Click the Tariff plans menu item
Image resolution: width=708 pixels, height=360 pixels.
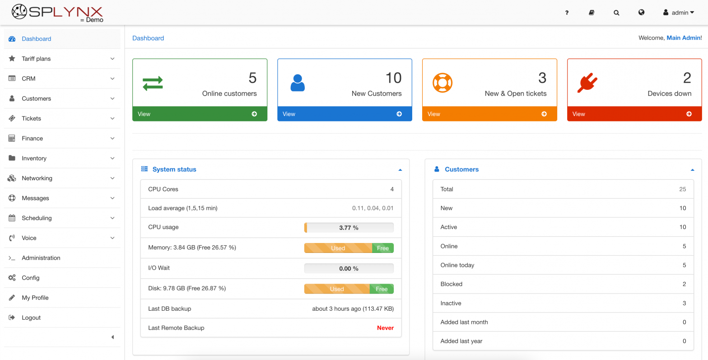coord(36,59)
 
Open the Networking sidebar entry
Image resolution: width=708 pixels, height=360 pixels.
coord(37,178)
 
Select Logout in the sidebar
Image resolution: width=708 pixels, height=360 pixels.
coord(31,318)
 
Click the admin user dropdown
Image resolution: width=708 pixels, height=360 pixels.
coord(678,13)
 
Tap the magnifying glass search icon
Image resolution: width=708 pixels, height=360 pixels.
coord(616,13)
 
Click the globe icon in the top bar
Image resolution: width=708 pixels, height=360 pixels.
coord(641,13)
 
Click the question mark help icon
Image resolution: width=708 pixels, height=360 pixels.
coord(567,13)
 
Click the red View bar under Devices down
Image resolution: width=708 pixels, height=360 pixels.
coord(634,114)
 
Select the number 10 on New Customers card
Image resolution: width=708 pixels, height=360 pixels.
coord(393,78)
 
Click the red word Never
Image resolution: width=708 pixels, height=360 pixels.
coord(385,328)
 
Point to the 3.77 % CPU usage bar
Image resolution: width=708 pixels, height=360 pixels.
coord(349,228)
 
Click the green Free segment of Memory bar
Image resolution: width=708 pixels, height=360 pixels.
coord(382,248)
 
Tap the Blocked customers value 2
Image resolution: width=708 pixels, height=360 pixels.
coord(684,284)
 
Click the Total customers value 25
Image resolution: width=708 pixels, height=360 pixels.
coord(682,189)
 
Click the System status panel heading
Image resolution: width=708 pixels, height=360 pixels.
coord(174,169)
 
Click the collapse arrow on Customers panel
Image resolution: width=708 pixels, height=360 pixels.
coord(693,170)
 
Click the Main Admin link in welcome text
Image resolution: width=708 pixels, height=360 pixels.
coord(683,38)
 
